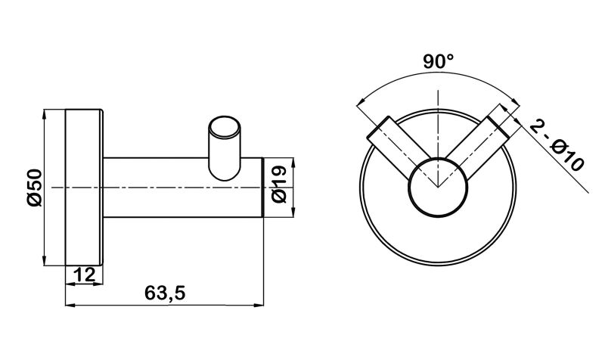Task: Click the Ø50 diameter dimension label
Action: (x=34, y=188)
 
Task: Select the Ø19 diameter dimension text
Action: (x=279, y=184)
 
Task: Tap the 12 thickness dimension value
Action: (x=84, y=275)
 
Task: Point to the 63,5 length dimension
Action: (x=165, y=293)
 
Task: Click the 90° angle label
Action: (x=438, y=61)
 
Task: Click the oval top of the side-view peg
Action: (x=224, y=128)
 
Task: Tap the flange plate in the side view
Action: (x=85, y=188)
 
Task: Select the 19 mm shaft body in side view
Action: (x=183, y=188)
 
